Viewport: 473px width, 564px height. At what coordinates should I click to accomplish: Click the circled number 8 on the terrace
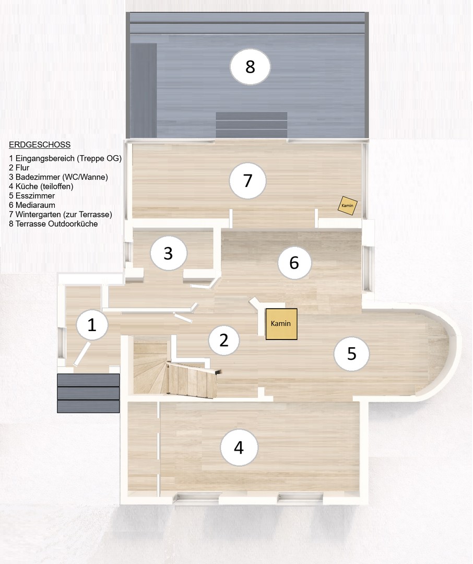(x=250, y=66)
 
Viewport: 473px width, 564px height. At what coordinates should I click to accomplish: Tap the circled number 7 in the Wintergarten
(x=248, y=181)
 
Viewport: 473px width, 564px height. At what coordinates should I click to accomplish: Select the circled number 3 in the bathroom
(x=168, y=253)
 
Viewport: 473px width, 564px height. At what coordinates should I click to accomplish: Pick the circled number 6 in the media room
(x=294, y=263)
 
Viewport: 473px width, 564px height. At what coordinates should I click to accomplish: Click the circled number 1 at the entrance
(x=92, y=325)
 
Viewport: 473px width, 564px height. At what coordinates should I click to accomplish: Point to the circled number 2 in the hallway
(x=224, y=340)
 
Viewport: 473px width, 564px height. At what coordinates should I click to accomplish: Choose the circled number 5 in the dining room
(x=351, y=354)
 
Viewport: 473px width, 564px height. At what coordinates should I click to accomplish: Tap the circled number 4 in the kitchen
(x=239, y=448)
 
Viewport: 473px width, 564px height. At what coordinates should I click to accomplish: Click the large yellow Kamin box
(x=281, y=324)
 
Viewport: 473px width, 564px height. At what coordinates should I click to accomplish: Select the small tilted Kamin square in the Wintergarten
(x=348, y=205)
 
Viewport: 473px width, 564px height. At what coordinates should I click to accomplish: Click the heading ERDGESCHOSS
(x=40, y=145)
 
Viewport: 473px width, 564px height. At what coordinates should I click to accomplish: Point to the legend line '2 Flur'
(x=19, y=168)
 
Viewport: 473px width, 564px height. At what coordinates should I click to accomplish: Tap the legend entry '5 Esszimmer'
(x=32, y=196)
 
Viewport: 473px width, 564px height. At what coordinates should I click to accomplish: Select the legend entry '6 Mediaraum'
(x=32, y=205)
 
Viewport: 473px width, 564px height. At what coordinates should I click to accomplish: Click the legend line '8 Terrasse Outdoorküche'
(x=53, y=224)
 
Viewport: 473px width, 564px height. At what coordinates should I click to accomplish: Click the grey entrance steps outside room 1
(x=88, y=393)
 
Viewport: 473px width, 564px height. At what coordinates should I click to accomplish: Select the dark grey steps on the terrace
(x=252, y=125)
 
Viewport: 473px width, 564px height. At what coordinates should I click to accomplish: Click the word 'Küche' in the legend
(x=27, y=186)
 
